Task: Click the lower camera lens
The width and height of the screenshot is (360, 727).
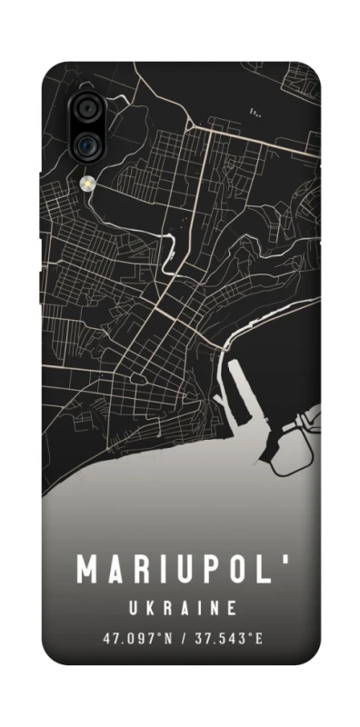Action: tap(88, 142)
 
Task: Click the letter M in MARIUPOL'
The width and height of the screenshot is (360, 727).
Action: tap(88, 569)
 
